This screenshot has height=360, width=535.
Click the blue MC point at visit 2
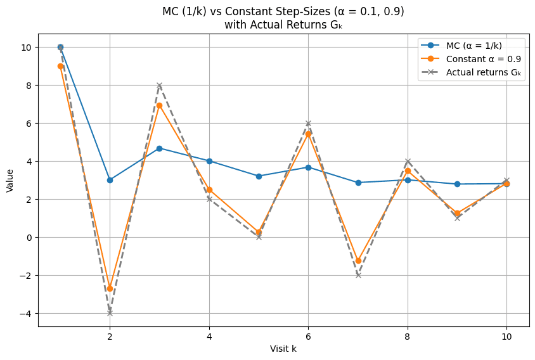(110, 180)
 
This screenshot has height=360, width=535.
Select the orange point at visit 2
(110, 288)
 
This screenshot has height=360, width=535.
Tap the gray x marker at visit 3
(159, 85)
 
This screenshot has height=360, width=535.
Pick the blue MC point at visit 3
(159, 148)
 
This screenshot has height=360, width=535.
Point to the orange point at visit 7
(358, 260)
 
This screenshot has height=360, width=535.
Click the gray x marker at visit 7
(358, 275)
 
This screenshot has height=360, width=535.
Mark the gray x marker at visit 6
(308, 123)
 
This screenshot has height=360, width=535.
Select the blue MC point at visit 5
(259, 176)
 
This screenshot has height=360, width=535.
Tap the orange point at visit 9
(457, 214)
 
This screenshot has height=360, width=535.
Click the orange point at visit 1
(60, 66)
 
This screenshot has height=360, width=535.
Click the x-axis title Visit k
(283, 349)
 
